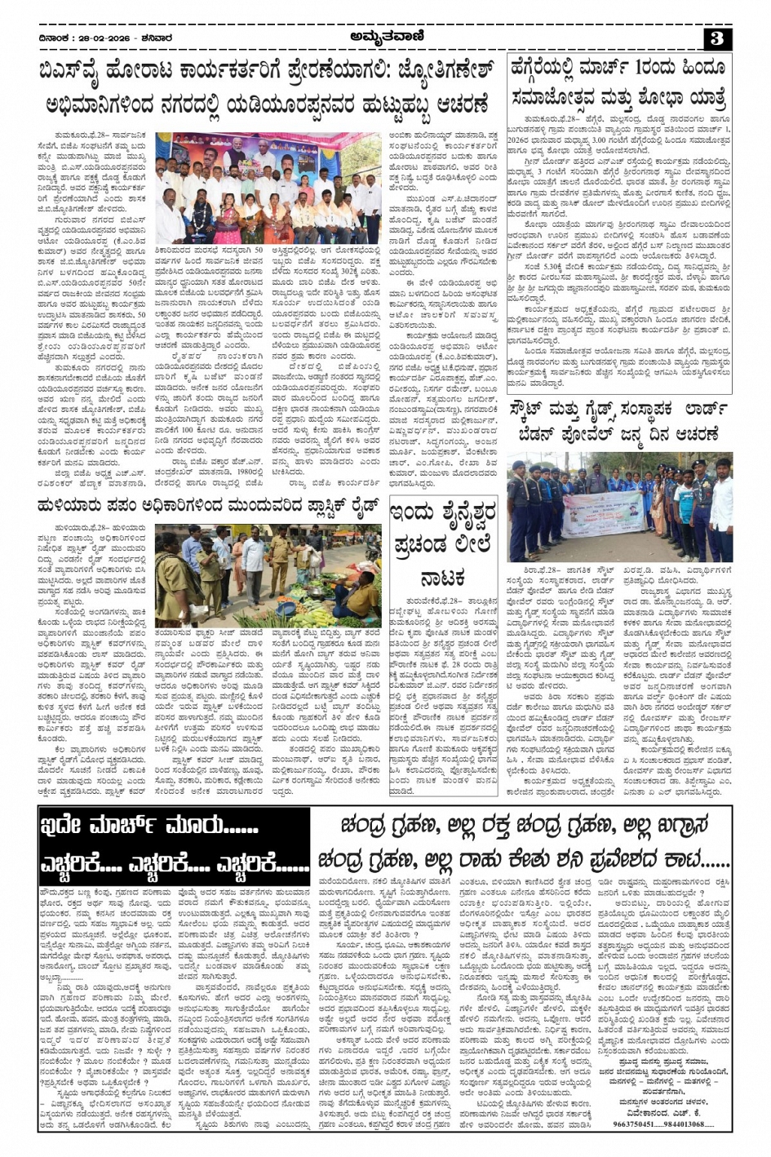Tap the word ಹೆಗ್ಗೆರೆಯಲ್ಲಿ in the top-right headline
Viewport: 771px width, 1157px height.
[555, 69]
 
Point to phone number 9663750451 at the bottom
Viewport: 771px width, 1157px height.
[634, 1124]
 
